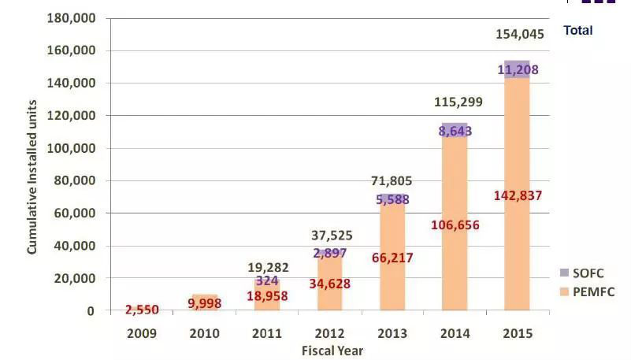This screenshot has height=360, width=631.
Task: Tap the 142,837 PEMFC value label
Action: (x=518, y=195)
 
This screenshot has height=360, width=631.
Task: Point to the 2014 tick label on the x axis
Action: (x=455, y=333)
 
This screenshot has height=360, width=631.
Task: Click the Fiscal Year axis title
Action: (x=332, y=351)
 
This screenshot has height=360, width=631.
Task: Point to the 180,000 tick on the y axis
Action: (x=71, y=18)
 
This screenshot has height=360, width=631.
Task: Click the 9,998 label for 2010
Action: (x=205, y=303)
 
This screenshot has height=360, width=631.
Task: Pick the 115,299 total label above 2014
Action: (x=458, y=102)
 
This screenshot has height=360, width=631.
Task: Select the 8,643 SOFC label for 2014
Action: (x=455, y=131)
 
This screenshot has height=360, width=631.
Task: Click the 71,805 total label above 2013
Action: (x=392, y=182)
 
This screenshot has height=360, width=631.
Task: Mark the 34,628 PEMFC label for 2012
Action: (x=329, y=284)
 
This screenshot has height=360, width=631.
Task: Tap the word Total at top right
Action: (x=577, y=31)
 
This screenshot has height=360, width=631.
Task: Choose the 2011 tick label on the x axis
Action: (x=267, y=333)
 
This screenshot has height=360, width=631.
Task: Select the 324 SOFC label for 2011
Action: (x=267, y=280)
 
